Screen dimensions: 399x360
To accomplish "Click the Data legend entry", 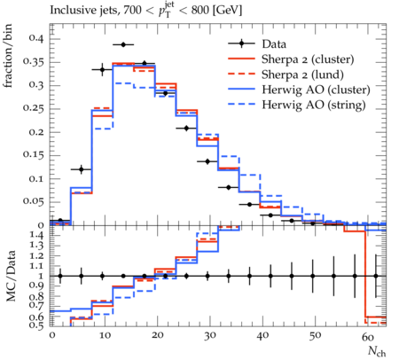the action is point(274,44).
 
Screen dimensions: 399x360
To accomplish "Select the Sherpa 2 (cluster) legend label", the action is point(308,59).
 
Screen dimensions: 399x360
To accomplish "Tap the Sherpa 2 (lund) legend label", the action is point(302,74).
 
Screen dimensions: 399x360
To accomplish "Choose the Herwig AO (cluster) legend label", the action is point(316,90).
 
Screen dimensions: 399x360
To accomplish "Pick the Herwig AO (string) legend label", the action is point(314,105).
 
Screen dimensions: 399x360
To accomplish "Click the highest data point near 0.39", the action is point(123,44).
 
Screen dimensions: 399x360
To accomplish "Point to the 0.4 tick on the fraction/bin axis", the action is point(35,38).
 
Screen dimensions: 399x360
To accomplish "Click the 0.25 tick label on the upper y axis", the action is point(33,108).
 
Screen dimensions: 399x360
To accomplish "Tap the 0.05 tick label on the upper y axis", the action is point(33,202).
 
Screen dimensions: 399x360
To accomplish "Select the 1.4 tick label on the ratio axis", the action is point(36,236).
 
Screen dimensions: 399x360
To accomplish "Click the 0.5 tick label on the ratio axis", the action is point(36,325).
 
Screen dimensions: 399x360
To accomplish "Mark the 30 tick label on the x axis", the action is point(209,336).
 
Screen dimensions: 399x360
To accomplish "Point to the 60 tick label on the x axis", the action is point(368,336).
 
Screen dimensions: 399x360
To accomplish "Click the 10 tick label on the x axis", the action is point(105,336).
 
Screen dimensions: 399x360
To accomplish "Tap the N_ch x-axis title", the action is point(377,351).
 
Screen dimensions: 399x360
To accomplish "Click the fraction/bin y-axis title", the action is point(8,56).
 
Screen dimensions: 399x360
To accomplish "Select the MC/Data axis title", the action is point(11,276).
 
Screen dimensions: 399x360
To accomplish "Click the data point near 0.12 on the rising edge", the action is point(82,169).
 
